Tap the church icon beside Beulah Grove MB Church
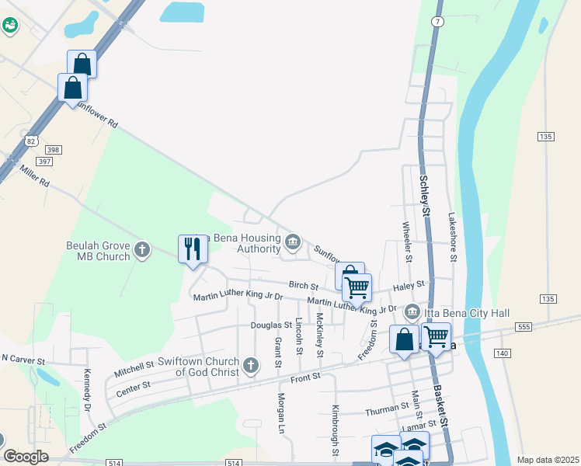click(x=141, y=249)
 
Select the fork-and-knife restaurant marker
click(x=192, y=249)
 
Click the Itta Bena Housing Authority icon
click(x=292, y=242)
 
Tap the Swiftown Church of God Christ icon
click(x=250, y=364)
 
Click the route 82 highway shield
click(x=30, y=141)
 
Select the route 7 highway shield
click(x=438, y=22)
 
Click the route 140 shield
click(x=501, y=353)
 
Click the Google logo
click(x=26, y=457)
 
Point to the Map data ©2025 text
click(x=547, y=460)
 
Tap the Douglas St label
click(x=270, y=325)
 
